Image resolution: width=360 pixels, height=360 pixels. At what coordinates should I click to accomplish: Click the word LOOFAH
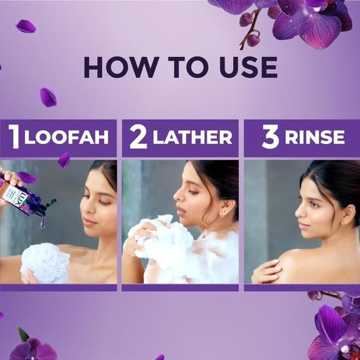(x=67, y=138)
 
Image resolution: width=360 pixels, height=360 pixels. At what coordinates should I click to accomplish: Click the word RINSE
(x=315, y=138)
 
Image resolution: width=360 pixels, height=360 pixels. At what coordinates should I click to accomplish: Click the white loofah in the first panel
(x=45, y=262)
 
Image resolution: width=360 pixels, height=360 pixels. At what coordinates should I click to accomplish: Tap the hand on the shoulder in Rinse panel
(x=268, y=269)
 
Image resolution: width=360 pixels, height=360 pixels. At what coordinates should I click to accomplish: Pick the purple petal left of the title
(x=47, y=97)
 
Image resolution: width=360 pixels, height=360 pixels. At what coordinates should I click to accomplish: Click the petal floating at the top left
(x=26, y=26)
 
